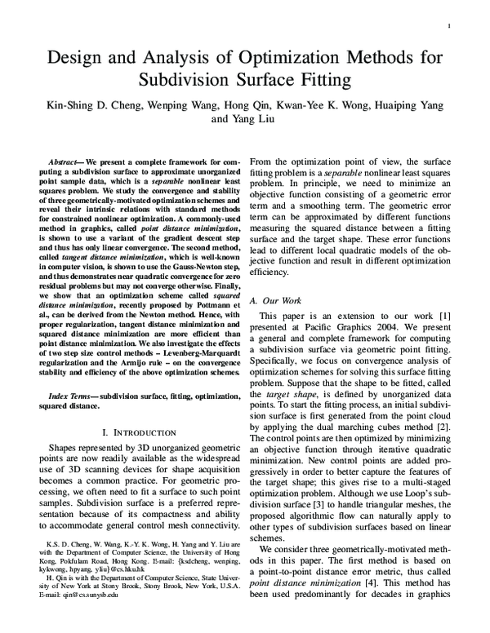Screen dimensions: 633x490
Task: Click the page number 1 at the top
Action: point(450,27)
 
